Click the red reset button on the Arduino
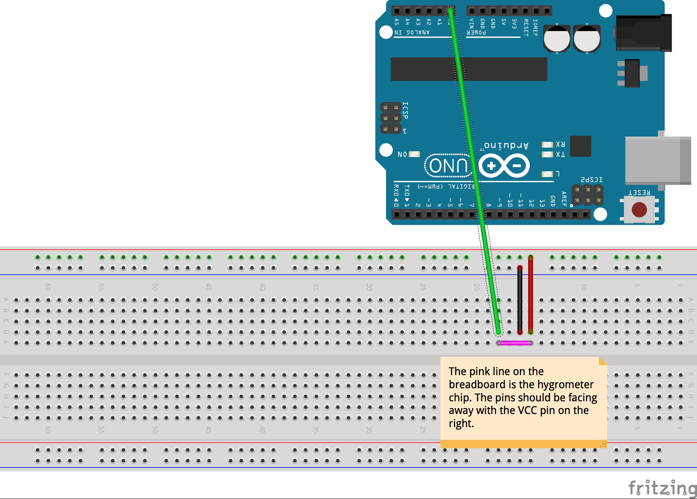(x=639, y=209)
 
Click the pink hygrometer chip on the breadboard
(x=515, y=343)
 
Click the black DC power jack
(x=643, y=33)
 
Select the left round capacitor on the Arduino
(x=556, y=39)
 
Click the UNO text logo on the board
(x=448, y=166)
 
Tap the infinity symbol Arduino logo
(x=504, y=166)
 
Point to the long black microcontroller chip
(x=469, y=69)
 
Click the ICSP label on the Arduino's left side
(x=405, y=110)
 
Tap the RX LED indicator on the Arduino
(x=548, y=144)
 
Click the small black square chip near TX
(x=580, y=146)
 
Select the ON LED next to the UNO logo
(x=414, y=154)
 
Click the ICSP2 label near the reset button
(x=591, y=180)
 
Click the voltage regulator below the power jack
(x=632, y=73)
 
